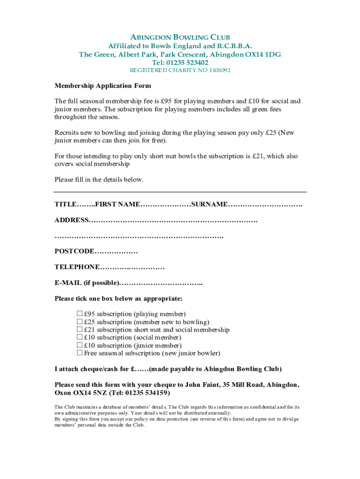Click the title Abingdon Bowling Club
pos(180,37)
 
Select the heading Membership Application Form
pos(103,86)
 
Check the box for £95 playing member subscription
pos(80,314)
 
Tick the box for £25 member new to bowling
pos(80,322)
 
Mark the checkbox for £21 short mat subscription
pos(80,330)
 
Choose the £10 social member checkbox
pos(80,337)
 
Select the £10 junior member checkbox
pos(80,345)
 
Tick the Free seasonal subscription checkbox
pos(80,353)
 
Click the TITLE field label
pos(65,204)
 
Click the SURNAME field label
pos(210,204)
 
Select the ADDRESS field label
pos(72,220)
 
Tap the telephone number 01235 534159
pos(146,392)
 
